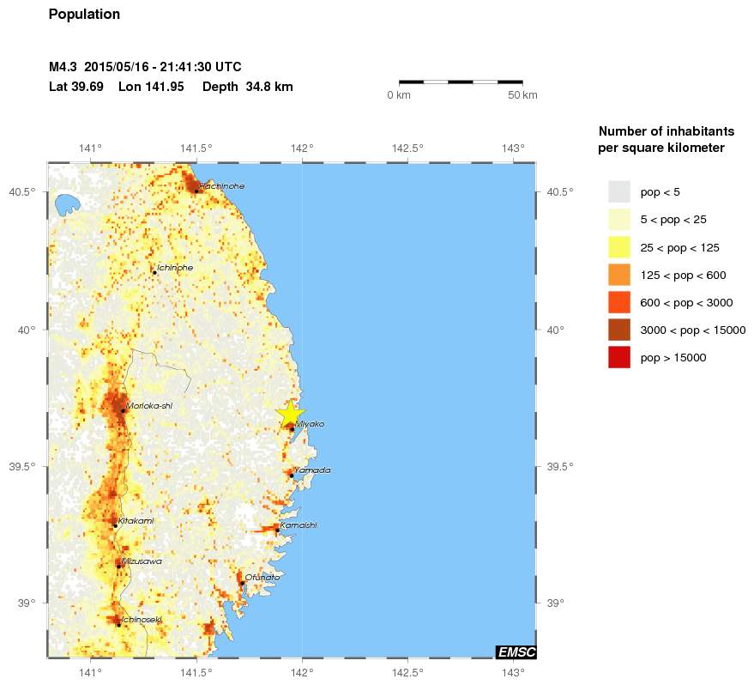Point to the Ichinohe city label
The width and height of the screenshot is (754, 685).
coord(175,268)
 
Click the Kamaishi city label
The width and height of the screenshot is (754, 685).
coord(299,524)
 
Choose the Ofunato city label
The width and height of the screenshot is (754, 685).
coord(262,578)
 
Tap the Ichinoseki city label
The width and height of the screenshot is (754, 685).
coord(142,619)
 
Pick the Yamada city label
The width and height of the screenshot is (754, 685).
coord(312,470)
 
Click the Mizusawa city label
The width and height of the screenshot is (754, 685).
coord(142,561)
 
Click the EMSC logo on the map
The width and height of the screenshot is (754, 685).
coord(516,652)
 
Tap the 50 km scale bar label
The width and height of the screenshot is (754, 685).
coord(522,95)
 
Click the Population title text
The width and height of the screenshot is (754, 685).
coord(84,15)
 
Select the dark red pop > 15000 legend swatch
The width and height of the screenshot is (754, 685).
coord(618,357)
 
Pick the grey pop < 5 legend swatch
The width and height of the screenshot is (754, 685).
coord(618,191)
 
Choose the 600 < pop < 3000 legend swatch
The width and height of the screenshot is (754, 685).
coord(618,302)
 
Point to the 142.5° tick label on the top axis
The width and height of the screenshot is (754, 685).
coord(407,148)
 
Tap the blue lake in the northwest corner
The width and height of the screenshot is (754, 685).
coord(64,205)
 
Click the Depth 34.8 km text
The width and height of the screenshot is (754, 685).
coord(248,87)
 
